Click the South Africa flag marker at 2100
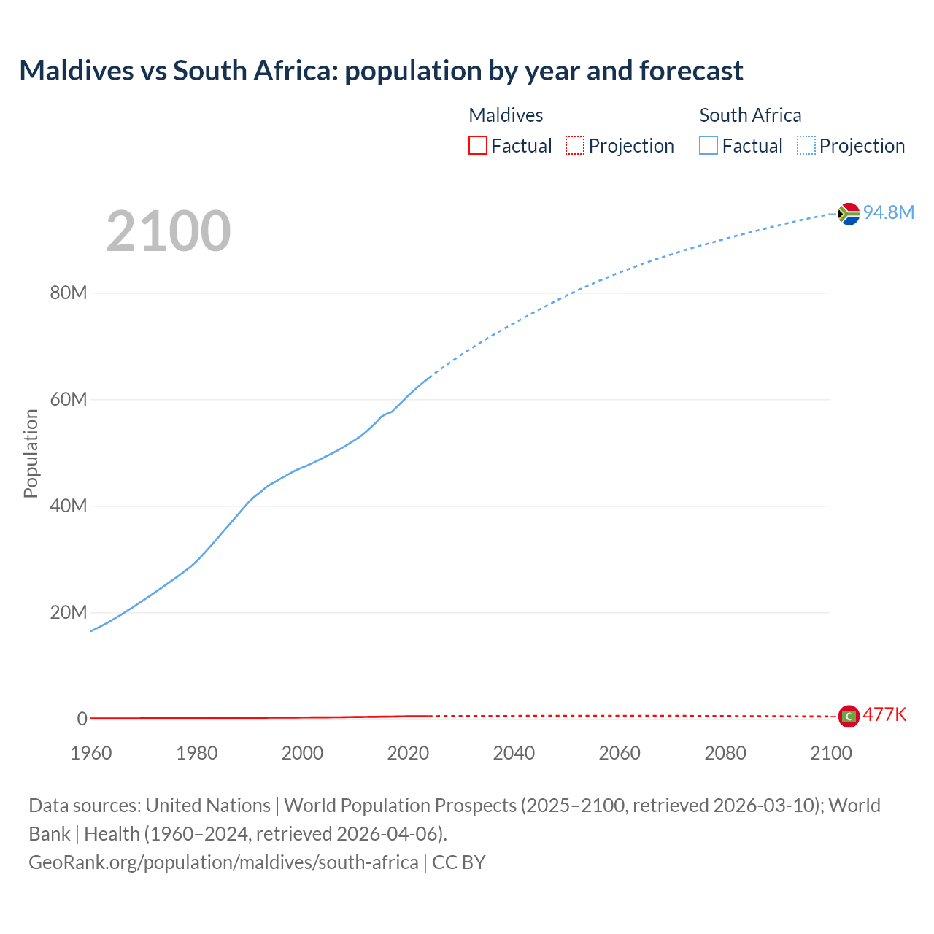pos(849,213)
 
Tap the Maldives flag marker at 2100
pos(849,717)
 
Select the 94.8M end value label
pos(888,212)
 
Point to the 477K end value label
pos(884,715)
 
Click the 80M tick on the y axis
pos(69,293)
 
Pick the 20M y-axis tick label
pos(69,612)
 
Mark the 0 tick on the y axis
pos(82,719)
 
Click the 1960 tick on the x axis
pos(91,753)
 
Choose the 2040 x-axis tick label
pos(514,753)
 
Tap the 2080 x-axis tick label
pos(725,753)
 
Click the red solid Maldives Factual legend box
pos(478,146)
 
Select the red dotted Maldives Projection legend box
pos(575,146)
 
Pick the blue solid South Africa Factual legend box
pos(709,146)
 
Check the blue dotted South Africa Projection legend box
pos(806,146)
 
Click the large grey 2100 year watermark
pos(169,231)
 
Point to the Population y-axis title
pos(31,453)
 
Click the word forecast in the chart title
pos(691,71)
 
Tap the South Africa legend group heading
pos(750,115)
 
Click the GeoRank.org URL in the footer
pos(223,862)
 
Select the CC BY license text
pos(459,862)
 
